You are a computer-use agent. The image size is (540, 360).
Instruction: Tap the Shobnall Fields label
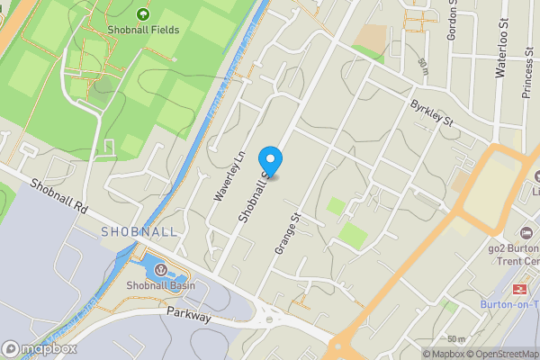(x=143, y=30)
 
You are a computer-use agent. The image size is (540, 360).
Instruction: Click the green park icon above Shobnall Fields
(x=143, y=13)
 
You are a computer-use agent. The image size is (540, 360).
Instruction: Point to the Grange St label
(x=286, y=232)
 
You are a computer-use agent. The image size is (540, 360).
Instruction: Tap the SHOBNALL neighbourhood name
(x=139, y=231)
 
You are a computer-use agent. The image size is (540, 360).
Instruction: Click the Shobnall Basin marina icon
(x=159, y=270)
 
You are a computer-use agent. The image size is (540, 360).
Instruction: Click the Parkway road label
(x=189, y=317)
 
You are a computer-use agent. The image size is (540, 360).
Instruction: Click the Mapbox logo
(x=40, y=348)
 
